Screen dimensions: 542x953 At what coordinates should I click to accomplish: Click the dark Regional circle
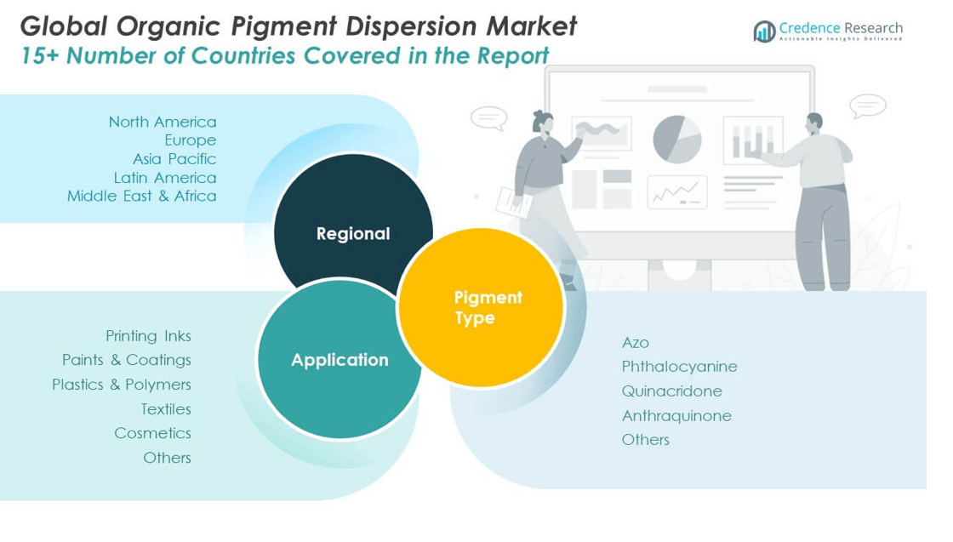pos(352,223)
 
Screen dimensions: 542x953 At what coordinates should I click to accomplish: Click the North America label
pos(163,122)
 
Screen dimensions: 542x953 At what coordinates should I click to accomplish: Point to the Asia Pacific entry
pos(174,159)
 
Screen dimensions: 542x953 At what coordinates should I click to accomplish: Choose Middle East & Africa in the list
pos(142,197)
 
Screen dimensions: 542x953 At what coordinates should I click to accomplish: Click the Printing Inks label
pos(148,336)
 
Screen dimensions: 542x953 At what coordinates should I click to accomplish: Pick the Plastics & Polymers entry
pos(122,385)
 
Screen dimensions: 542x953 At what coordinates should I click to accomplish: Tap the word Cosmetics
pos(152,433)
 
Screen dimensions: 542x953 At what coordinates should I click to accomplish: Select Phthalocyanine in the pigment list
pos(679,367)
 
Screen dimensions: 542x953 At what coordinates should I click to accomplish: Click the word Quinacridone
pos(671,391)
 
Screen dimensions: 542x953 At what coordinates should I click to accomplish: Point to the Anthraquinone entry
pos(676,416)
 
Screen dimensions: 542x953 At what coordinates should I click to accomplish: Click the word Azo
pos(635,343)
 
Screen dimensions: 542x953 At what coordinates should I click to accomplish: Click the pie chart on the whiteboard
pos(677,138)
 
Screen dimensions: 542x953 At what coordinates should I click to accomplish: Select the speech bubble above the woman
pos(488,117)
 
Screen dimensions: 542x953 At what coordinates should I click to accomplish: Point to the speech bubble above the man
pos(867,106)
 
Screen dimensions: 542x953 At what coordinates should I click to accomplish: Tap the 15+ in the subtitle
pos(40,56)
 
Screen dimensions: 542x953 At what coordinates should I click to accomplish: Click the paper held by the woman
pos(514,201)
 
